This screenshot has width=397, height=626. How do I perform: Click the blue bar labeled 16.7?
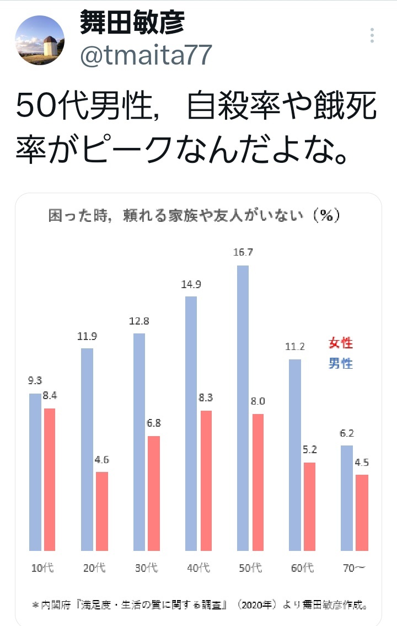pyautogui.click(x=243, y=408)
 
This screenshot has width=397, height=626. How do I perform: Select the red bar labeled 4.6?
pyautogui.click(x=102, y=511)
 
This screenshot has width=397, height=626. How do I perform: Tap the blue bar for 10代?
pyautogui.click(x=35, y=472)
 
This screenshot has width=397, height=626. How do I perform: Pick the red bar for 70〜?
pyautogui.click(x=362, y=512)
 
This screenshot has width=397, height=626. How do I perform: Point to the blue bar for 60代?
pyautogui.click(x=295, y=455)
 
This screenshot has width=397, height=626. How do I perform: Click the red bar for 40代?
pyautogui.click(x=206, y=480)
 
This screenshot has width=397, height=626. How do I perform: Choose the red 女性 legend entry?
pyautogui.click(x=340, y=343)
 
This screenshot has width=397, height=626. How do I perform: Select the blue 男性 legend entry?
pyautogui.click(x=340, y=363)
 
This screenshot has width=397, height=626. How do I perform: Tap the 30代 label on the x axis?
pyautogui.click(x=147, y=567)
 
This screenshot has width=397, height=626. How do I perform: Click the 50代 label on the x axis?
pyautogui.click(x=250, y=567)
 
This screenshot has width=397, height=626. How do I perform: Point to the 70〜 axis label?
pyautogui.click(x=354, y=567)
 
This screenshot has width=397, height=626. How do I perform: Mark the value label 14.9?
pyautogui.click(x=191, y=285)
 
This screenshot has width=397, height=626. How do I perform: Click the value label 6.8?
pyautogui.click(x=154, y=424)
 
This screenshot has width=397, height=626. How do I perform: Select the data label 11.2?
pyautogui.click(x=295, y=347)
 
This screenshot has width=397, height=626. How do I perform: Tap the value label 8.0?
pyautogui.click(x=257, y=401)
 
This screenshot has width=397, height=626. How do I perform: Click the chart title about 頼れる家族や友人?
pyautogui.click(x=194, y=216)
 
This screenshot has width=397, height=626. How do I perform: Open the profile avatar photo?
pyautogui.click(x=39, y=40)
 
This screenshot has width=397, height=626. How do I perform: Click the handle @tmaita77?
pyautogui.click(x=146, y=56)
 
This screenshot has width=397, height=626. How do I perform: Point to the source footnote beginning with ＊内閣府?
pyautogui.click(x=200, y=605)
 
